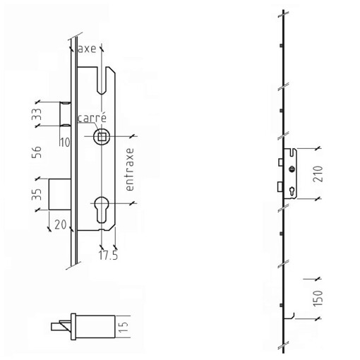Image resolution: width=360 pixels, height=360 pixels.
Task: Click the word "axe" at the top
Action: point(88,49)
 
